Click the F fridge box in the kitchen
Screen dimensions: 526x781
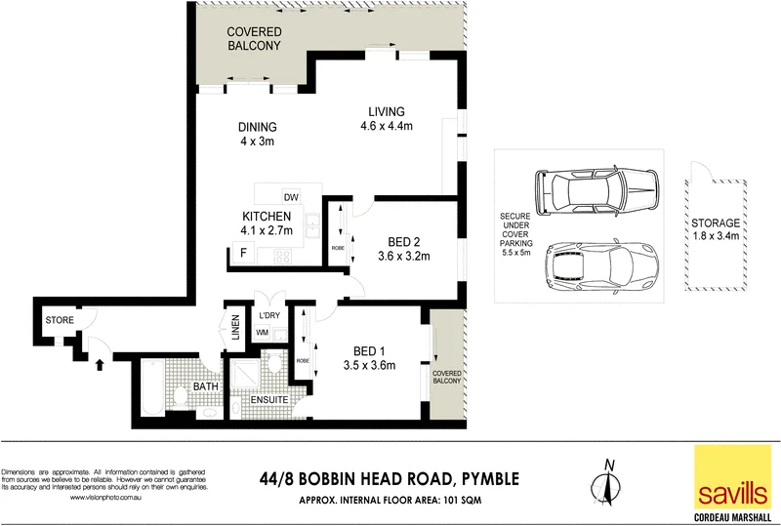click(240, 253)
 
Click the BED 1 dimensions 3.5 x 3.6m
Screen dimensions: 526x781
click(368, 366)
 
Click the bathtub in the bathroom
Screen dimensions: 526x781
click(153, 384)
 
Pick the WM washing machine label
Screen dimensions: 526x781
click(262, 333)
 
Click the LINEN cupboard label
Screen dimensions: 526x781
click(235, 328)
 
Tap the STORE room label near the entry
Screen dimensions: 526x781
click(59, 319)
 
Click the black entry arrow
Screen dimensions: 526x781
click(99, 365)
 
